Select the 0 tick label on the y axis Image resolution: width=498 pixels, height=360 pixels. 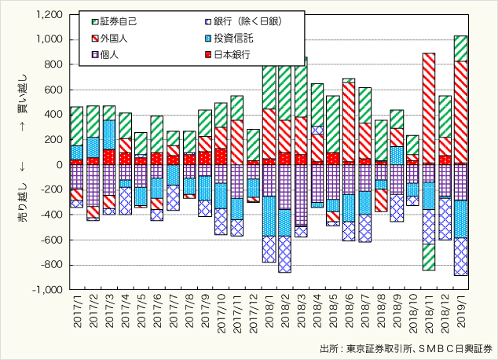[x=57, y=165]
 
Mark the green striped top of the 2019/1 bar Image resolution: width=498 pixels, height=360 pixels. [x=461, y=48]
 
